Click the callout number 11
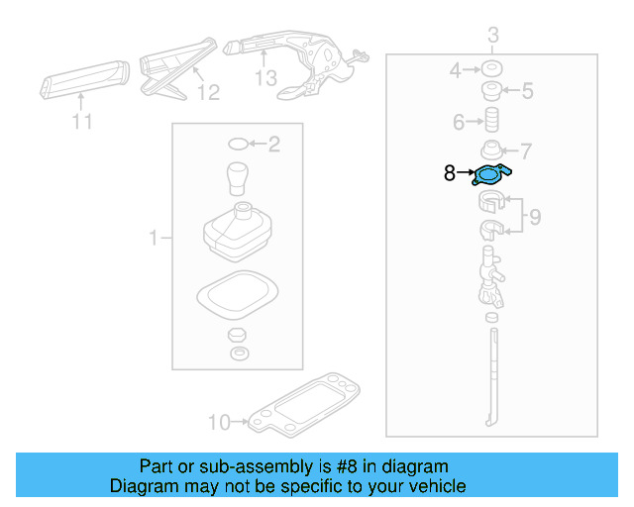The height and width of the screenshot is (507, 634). pos(81,122)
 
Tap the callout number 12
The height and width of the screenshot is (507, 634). pos(207,93)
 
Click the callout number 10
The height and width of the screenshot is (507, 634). pos(218,423)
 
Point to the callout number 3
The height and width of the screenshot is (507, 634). pos(492,38)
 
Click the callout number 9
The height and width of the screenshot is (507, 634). pos(534,217)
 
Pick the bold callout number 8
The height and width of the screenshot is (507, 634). pos(450,173)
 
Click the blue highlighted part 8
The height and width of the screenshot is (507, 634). pos(491,175)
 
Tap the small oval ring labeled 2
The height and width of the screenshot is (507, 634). pos(238,145)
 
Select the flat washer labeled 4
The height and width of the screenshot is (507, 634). pos(489,70)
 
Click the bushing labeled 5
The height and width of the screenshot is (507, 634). pos(490,92)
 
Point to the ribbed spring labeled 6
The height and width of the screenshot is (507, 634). pos(489,122)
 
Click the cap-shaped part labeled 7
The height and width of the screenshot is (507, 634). pos(491,151)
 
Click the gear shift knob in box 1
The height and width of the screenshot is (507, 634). pos(238,178)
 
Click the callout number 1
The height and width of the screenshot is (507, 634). pos(154,238)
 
